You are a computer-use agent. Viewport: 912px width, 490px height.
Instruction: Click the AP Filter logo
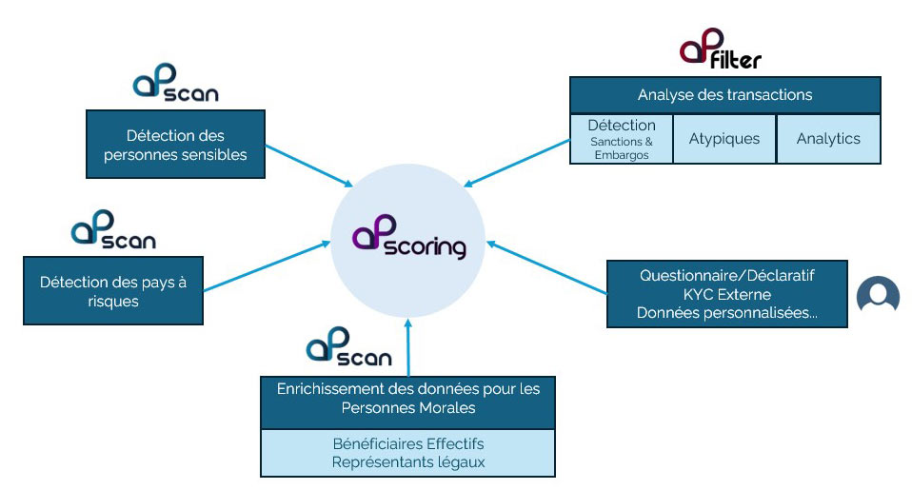720,52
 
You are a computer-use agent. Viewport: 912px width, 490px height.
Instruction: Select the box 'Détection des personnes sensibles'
175,145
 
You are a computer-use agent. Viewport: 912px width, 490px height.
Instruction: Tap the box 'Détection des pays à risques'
113,291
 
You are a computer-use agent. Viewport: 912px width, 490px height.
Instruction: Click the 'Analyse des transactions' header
724,95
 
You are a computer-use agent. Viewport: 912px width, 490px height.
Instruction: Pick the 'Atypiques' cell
724,139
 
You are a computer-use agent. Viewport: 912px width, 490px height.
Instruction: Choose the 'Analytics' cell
828,139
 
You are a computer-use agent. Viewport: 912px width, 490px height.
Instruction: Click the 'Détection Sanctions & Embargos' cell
622,139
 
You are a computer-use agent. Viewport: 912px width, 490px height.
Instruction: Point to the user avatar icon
877,296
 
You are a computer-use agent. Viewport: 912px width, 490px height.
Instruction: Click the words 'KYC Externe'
726,295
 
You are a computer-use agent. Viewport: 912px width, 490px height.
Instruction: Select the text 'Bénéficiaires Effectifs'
407,444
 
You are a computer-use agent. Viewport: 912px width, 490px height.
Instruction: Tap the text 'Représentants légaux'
407,462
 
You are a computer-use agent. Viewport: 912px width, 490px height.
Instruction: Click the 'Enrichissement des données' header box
407,399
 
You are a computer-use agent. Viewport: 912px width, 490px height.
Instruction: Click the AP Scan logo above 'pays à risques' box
113,231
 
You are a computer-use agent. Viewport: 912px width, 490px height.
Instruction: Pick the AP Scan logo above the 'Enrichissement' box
348,348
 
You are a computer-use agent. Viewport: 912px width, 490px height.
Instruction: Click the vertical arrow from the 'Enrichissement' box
408,347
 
